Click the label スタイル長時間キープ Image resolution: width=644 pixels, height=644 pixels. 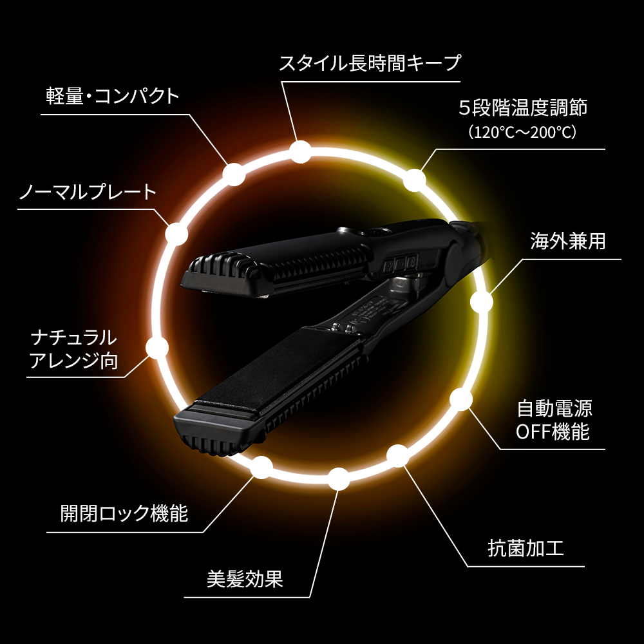(370, 63)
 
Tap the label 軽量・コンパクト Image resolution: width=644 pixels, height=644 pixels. (112, 96)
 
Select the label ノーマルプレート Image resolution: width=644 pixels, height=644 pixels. (88, 191)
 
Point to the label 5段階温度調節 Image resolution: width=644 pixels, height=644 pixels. (523, 107)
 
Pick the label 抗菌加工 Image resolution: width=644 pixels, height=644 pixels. (526, 549)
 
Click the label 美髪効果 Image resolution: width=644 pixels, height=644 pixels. (245, 579)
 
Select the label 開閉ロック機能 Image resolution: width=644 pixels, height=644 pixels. (124, 513)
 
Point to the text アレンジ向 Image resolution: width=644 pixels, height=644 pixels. (74, 360)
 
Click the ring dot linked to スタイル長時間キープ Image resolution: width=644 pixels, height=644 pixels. (300, 152)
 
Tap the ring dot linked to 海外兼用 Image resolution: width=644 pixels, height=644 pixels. (481, 301)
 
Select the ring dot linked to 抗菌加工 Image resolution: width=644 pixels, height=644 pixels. (397, 456)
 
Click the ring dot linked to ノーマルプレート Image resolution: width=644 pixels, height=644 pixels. (176, 234)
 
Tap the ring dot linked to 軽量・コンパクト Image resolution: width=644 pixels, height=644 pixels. (234, 173)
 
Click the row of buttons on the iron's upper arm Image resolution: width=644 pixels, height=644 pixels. (401, 261)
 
